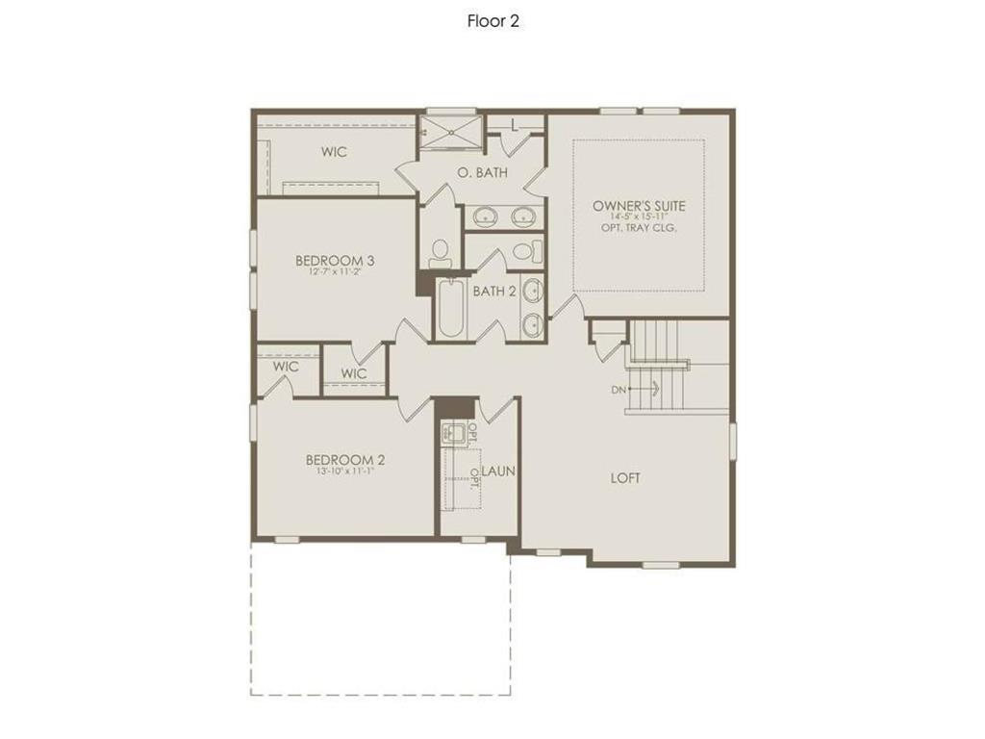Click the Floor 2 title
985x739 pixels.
pos(492,21)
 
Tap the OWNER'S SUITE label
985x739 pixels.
pos(639,206)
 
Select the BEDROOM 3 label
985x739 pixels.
pos(335,260)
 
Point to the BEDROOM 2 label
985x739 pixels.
pos(345,460)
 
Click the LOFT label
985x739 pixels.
pos(625,478)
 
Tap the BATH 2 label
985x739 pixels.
pos(495,291)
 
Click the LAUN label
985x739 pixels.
pos(498,471)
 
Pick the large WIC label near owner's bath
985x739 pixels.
pos(334,152)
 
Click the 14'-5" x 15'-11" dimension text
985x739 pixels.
pos(639,217)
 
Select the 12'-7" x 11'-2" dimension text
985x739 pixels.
pos(335,272)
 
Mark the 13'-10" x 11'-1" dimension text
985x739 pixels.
pos(345,472)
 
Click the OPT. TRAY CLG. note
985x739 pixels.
pos(639,229)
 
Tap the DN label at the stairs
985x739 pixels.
pos(619,390)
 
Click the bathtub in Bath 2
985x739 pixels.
pos(450,308)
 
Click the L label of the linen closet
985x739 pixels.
pos(515,124)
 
